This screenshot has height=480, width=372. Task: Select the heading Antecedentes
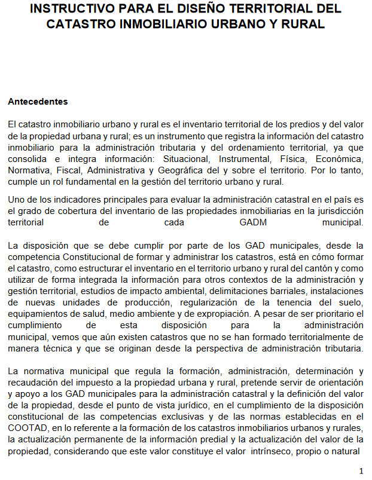click(38, 102)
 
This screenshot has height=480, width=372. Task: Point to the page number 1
click(361, 470)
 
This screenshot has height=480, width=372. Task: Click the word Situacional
click(188, 159)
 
